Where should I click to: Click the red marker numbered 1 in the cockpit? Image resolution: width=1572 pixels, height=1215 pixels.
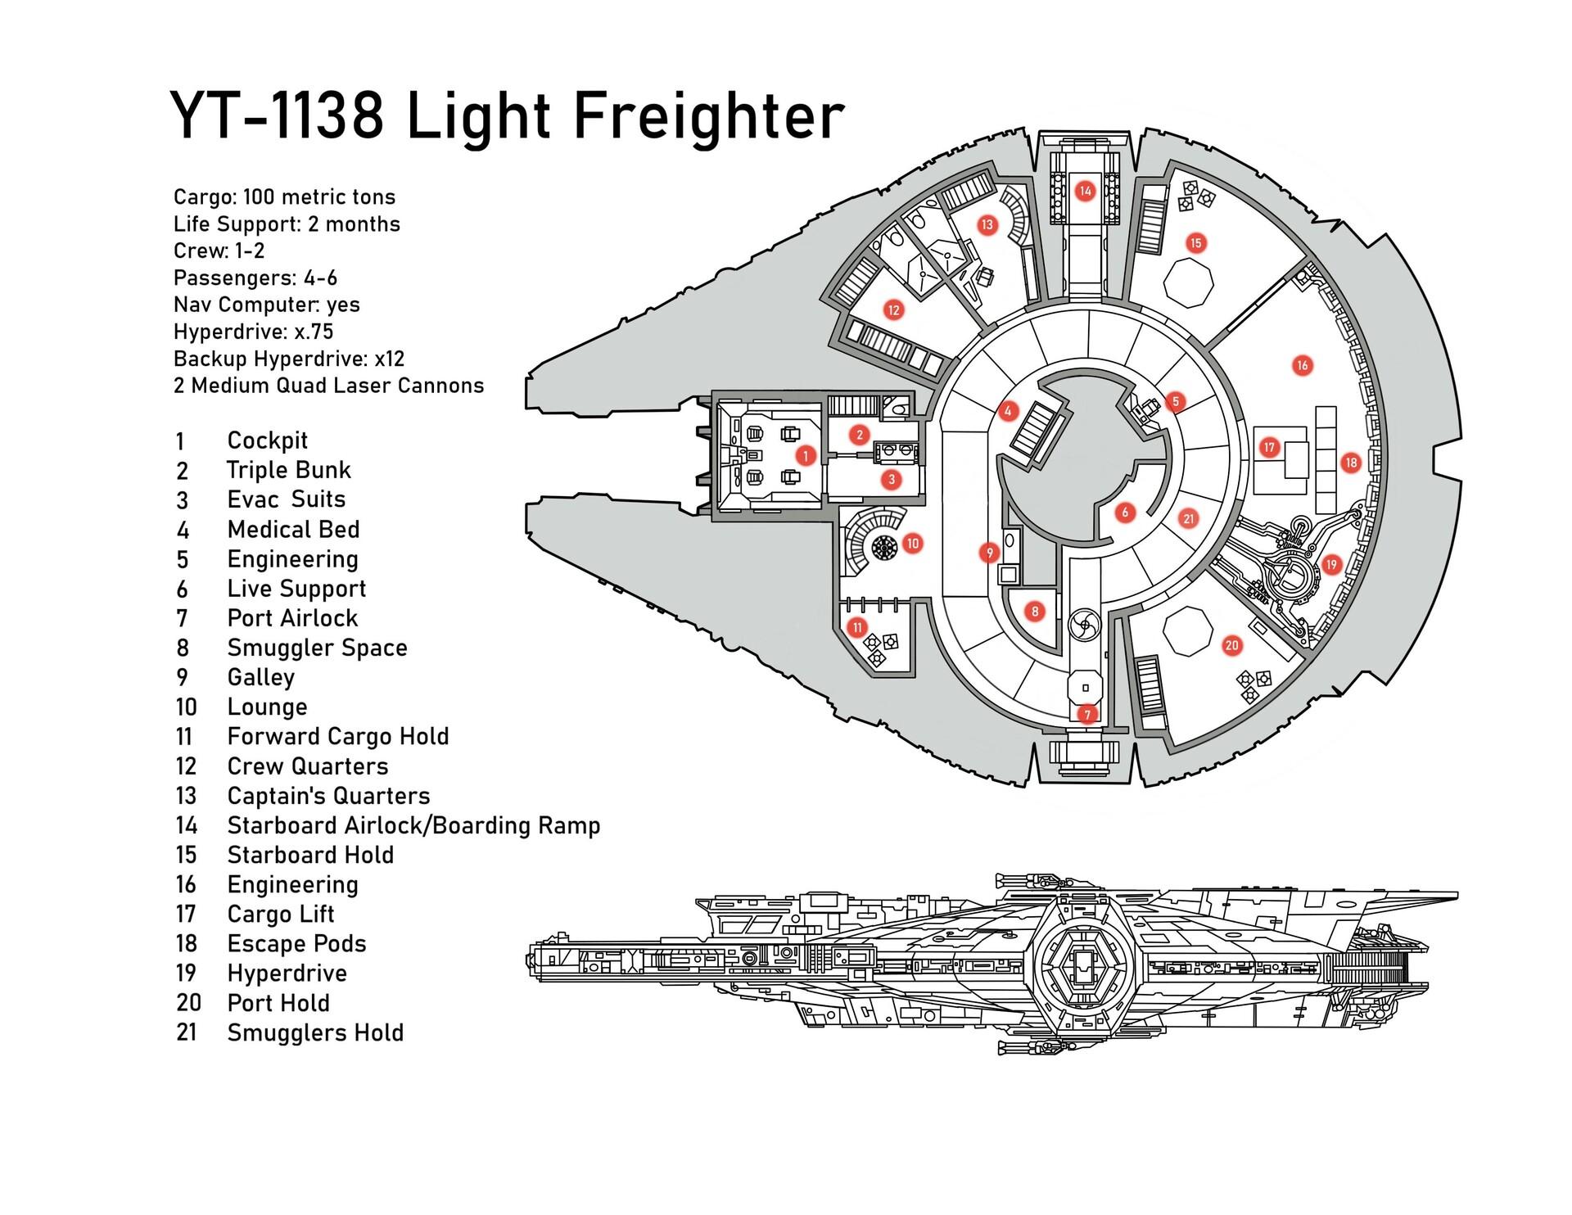[806, 455]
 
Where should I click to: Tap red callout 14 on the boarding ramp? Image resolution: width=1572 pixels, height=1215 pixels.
[1085, 192]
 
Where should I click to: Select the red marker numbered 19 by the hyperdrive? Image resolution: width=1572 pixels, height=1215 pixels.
[1330, 564]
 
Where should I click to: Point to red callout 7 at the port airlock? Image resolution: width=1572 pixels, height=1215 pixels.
[1086, 714]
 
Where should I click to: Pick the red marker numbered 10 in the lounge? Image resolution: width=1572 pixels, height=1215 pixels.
[913, 543]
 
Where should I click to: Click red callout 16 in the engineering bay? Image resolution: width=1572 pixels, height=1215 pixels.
[1302, 365]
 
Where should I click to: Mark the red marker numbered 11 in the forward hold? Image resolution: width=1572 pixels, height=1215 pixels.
[857, 628]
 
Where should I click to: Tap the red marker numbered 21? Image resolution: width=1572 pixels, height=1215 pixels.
[1189, 518]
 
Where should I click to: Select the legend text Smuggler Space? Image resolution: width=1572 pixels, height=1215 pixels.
[317, 648]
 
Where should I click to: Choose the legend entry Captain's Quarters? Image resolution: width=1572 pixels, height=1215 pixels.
[328, 796]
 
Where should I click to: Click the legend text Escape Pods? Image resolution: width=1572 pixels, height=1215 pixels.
[296, 943]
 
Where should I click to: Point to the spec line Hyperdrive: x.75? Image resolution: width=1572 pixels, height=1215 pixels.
[253, 332]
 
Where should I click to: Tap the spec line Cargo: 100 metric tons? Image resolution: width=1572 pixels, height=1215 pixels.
[284, 197]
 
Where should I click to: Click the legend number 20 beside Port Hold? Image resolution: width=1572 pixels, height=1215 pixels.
[188, 1003]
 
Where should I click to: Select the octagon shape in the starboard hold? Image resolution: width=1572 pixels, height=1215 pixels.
[1188, 282]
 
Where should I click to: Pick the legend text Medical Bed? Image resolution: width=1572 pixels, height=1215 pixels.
[293, 530]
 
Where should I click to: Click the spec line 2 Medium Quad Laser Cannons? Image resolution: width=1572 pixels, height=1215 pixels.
[328, 386]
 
